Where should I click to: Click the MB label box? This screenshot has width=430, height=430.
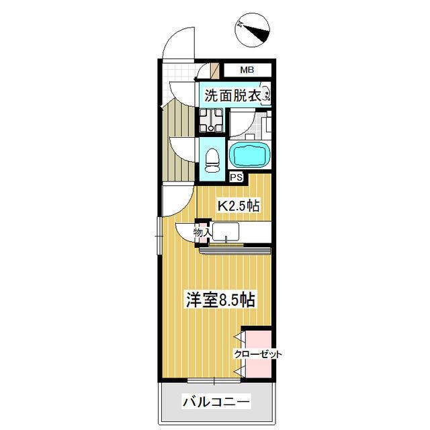tap(247, 69)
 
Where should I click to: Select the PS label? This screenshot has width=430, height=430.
tap(236, 177)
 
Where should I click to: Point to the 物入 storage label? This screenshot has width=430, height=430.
tap(202, 232)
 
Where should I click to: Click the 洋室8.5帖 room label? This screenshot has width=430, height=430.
tap(220, 300)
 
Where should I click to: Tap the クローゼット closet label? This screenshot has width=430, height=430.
tap(258, 354)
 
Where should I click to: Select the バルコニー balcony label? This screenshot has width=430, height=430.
tap(216, 403)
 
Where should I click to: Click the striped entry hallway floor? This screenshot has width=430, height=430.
tap(180, 134)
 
